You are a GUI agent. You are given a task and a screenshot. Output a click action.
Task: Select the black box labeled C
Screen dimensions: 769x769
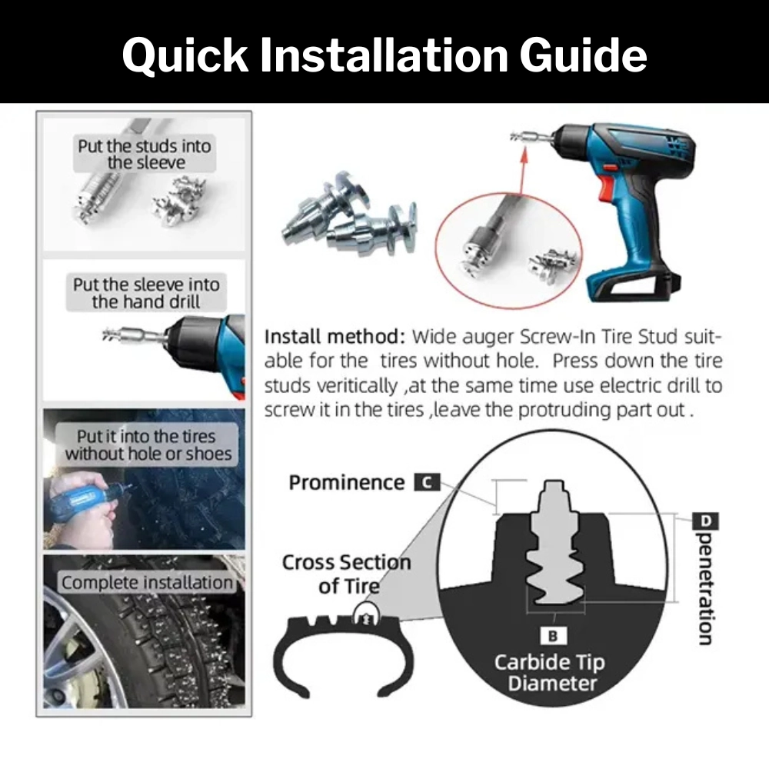(427, 483)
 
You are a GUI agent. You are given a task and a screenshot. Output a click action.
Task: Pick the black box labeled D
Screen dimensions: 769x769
(707, 522)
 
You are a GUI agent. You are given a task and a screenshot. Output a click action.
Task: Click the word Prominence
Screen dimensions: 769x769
(346, 483)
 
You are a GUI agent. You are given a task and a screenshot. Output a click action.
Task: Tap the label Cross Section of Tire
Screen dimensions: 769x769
(346, 574)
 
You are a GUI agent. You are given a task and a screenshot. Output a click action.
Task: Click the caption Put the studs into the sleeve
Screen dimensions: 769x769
(145, 154)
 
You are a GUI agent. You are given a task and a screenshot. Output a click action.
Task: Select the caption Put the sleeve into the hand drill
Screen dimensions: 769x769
(145, 293)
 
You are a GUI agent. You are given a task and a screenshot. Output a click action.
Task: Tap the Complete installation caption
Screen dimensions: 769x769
(146, 582)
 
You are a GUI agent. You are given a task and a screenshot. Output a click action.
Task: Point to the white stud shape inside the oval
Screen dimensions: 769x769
(555, 546)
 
